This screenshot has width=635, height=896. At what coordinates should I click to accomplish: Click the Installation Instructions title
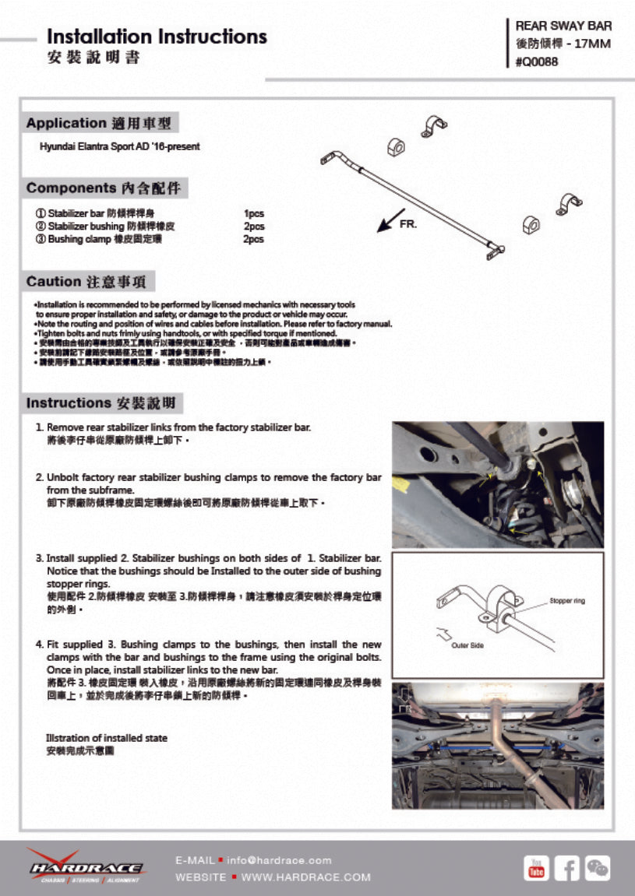click(157, 37)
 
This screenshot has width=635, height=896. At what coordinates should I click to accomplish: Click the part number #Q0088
click(537, 62)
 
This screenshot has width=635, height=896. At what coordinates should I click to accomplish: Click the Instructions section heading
click(104, 403)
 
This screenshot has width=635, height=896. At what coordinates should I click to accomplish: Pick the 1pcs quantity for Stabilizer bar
click(254, 213)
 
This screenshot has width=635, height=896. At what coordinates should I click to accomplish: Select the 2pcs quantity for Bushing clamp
click(254, 240)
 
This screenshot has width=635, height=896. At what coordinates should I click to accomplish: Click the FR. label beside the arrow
click(408, 224)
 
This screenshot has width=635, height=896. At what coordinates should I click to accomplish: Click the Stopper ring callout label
click(566, 601)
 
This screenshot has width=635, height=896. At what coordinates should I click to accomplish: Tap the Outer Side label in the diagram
click(467, 645)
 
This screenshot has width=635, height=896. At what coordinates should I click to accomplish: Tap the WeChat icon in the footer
click(598, 867)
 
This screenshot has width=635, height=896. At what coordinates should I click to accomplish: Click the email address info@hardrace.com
click(279, 860)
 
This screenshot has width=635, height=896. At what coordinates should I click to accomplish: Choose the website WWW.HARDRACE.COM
click(305, 877)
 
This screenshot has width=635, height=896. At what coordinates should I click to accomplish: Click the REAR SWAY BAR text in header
click(563, 26)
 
